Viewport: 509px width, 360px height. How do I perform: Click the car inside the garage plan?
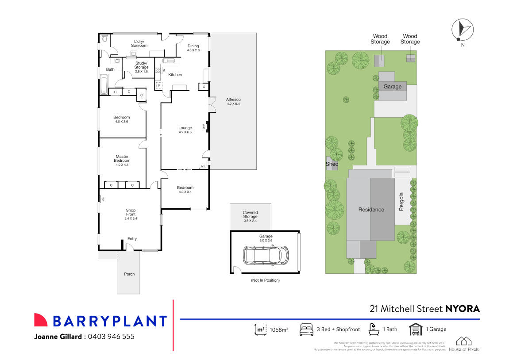tap(266, 255)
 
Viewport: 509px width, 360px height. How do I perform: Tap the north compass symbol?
tap(462, 30)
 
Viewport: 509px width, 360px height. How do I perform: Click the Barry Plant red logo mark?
tap(41, 320)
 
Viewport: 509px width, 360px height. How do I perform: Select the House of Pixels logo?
tap(464, 341)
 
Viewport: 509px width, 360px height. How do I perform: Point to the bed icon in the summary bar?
tap(306, 329)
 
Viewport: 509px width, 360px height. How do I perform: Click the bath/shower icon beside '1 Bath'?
tap(374, 329)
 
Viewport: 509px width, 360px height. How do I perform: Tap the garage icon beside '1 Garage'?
tap(415, 329)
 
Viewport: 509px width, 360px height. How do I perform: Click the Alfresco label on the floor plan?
tap(233, 100)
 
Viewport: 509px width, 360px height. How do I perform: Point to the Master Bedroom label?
tap(122, 158)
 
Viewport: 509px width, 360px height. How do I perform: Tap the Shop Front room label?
tap(131, 212)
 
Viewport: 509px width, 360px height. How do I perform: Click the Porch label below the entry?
tap(129, 274)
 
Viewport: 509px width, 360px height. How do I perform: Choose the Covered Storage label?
tap(250, 214)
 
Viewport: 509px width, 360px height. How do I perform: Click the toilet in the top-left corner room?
tap(104, 39)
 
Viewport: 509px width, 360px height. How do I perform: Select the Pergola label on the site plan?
tap(402, 201)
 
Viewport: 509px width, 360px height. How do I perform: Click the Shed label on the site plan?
tap(332, 164)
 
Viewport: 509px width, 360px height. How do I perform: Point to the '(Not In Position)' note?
tap(265, 280)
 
